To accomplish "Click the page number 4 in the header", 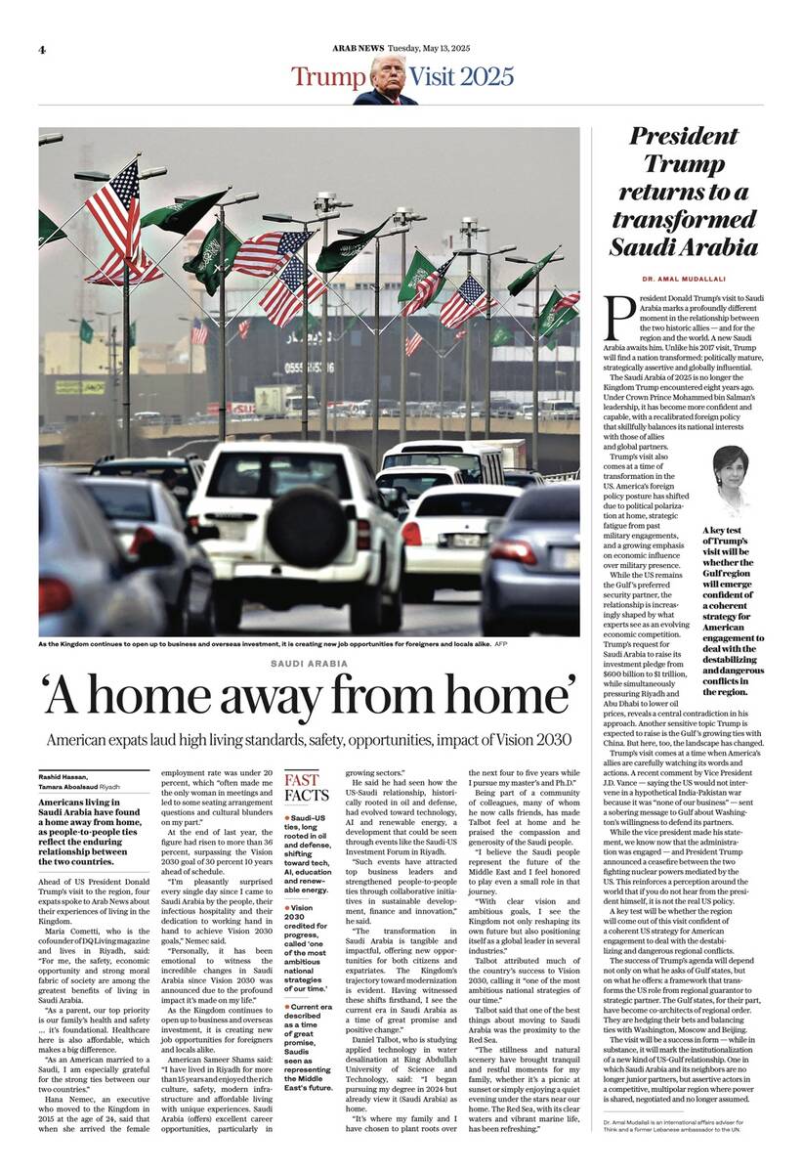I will click(43, 49).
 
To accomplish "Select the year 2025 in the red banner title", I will click(458, 76).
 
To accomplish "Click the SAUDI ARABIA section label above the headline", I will click(309, 664).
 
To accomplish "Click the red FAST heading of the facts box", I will click(301, 779).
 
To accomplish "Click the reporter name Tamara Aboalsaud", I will click(69, 786).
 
